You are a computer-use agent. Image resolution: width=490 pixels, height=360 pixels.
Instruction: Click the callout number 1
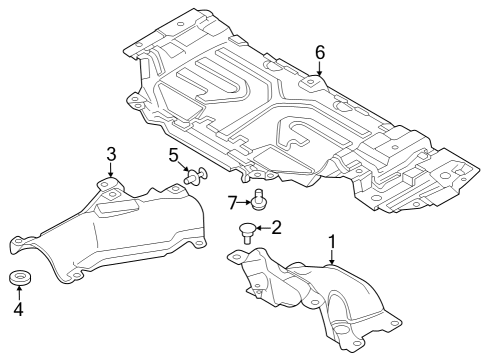332,241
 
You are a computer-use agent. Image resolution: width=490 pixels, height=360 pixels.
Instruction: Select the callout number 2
277,227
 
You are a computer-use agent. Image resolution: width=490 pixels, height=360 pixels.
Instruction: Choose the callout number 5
173,156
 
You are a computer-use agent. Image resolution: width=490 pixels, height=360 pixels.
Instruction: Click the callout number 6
320,51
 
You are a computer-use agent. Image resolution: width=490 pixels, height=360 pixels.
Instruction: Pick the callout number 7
232,203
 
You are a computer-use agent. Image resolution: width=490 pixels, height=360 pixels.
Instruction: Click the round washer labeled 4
18,277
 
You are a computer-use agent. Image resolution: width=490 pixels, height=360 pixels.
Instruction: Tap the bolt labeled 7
259,199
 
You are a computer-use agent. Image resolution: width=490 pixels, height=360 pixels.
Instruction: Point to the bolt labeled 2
246,234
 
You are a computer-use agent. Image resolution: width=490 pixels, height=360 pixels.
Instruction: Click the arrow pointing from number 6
320,68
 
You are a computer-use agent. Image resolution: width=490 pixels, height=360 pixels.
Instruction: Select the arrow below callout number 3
112,171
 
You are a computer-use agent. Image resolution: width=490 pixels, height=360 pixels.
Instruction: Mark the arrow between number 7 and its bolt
245,203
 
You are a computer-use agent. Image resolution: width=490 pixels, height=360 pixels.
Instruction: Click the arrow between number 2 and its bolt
262,229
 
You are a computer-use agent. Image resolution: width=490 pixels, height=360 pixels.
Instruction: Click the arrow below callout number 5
181,169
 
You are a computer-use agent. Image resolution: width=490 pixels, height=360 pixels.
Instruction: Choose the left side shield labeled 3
120,225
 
